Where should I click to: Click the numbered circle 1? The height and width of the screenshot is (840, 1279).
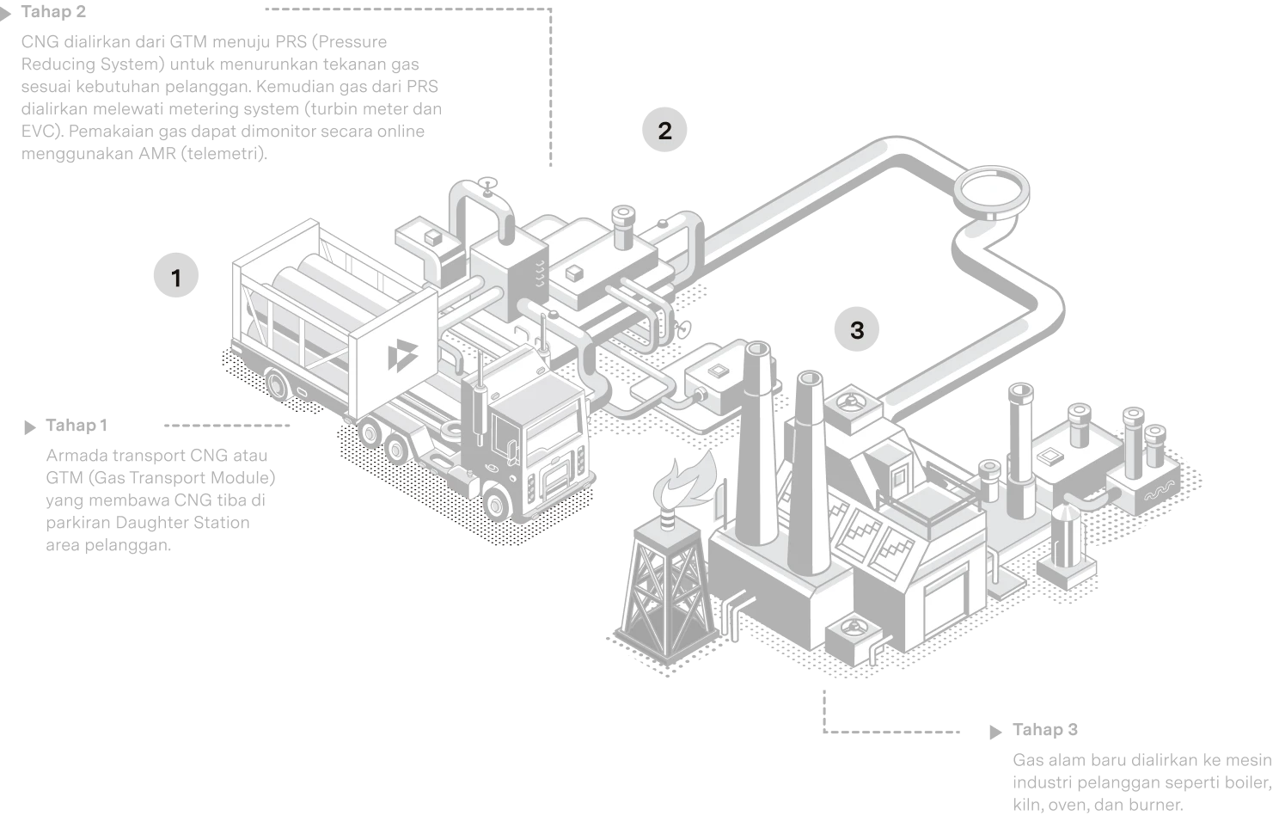tap(176, 276)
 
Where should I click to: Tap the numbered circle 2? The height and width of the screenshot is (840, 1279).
tap(664, 130)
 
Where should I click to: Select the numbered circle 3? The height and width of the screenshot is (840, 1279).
tap(856, 329)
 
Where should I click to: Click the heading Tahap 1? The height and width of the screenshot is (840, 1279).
tap(76, 426)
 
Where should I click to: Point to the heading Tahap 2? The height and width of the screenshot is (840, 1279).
tap(53, 12)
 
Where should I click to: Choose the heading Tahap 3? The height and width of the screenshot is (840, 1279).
tap(1045, 730)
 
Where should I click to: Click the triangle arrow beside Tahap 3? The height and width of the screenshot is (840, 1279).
tap(995, 732)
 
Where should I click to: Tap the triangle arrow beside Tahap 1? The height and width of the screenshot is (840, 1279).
tap(30, 427)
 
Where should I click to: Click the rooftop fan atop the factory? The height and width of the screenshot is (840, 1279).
tap(851, 402)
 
